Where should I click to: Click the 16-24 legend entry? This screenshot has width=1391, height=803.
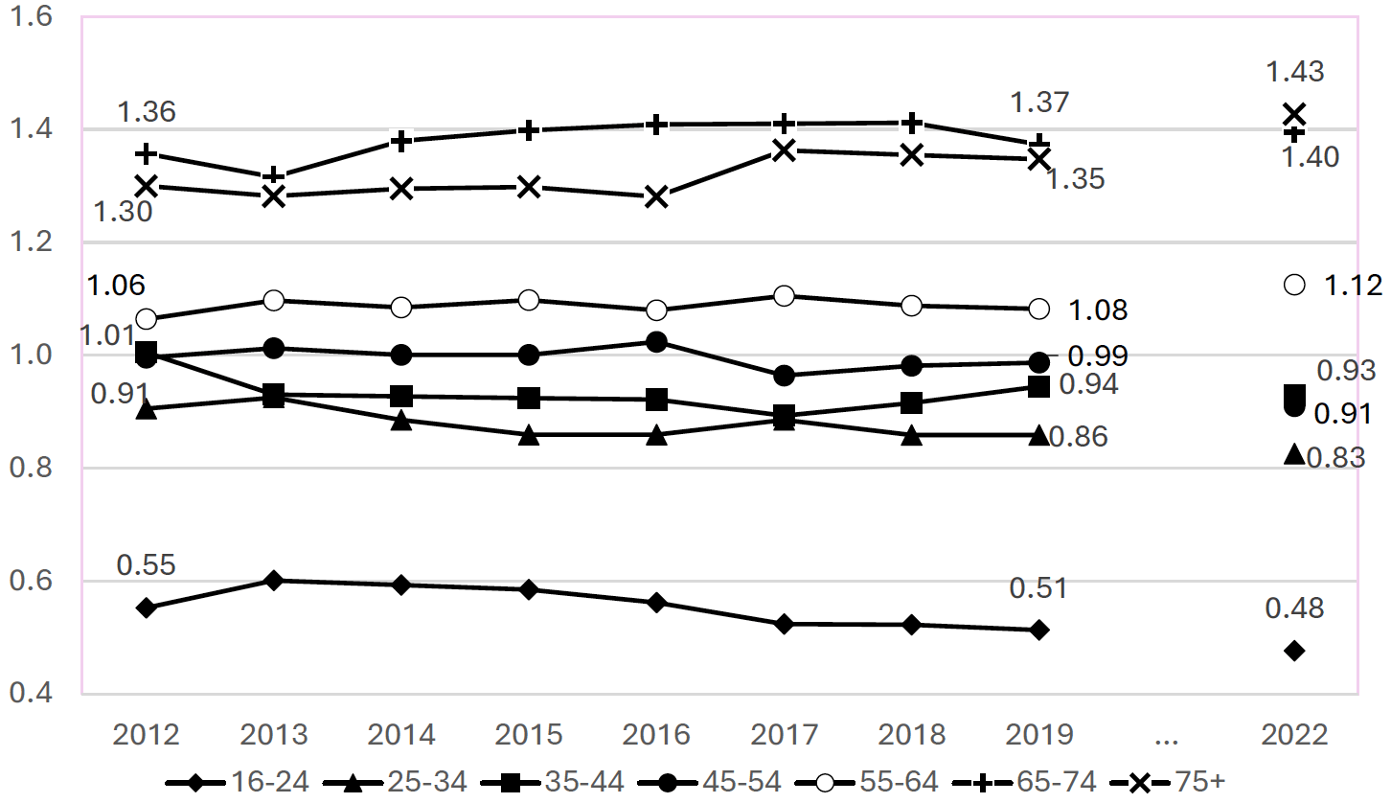point(239,782)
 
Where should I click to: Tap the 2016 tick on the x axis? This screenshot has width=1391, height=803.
point(656,735)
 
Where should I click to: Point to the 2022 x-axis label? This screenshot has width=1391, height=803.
point(1294,735)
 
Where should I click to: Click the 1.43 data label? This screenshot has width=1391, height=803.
point(1295,72)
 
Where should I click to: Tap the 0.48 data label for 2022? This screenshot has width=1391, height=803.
point(1295,608)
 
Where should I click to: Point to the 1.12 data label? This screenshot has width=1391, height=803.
point(1353,286)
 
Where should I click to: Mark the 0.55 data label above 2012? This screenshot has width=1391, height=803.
point(147,565)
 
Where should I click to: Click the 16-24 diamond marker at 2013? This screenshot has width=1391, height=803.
point(274,580)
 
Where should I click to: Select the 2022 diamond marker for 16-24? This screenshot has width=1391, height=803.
point(1294,651)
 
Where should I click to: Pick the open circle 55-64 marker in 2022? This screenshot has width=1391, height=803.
point(1294,285)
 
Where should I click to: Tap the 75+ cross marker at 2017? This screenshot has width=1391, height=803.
point(784,150)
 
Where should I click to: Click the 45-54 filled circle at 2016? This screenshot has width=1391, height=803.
point(656,342)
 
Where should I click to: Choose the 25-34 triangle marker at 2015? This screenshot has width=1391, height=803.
point(529,435)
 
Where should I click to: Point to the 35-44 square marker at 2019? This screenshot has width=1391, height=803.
point(1038,386)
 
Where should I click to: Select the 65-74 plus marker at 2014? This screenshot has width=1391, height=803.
point(401,141)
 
